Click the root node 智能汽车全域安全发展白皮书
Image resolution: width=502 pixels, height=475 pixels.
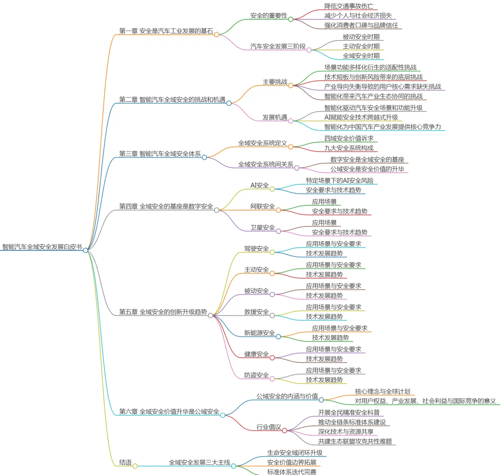[42, 247]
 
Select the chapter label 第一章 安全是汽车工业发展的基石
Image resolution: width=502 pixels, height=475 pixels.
[166, 31]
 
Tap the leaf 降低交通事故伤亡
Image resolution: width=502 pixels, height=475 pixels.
[349, 6]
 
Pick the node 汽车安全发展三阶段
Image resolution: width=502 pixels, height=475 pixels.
[278, 46]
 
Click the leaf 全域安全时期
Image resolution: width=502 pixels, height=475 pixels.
[361, 56]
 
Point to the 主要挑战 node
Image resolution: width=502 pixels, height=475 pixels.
[275, 82]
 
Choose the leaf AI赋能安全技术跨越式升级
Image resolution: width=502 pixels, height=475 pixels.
[361, 117]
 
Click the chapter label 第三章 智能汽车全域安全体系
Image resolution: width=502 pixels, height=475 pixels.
[160, 154]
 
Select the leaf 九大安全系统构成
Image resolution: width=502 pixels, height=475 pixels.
[349, 148]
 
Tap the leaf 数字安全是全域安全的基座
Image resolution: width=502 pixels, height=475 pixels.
[367, 159]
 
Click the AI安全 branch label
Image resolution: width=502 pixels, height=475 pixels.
[259, 185]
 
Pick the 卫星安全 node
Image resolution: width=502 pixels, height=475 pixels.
[263, 227]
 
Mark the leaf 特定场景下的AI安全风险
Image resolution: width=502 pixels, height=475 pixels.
[339, 180]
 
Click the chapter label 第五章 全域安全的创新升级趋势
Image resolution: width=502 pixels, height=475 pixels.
[163, 312]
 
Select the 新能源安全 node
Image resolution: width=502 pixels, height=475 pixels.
[259, 333]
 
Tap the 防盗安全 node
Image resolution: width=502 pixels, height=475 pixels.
[257, 375]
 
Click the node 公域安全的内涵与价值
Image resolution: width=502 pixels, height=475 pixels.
[287, 396]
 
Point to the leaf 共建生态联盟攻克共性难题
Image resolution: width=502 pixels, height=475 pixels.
[357, 442]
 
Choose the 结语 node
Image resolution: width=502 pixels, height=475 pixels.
[125, 462]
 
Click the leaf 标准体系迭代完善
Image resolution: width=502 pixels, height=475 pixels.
[291, 472]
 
